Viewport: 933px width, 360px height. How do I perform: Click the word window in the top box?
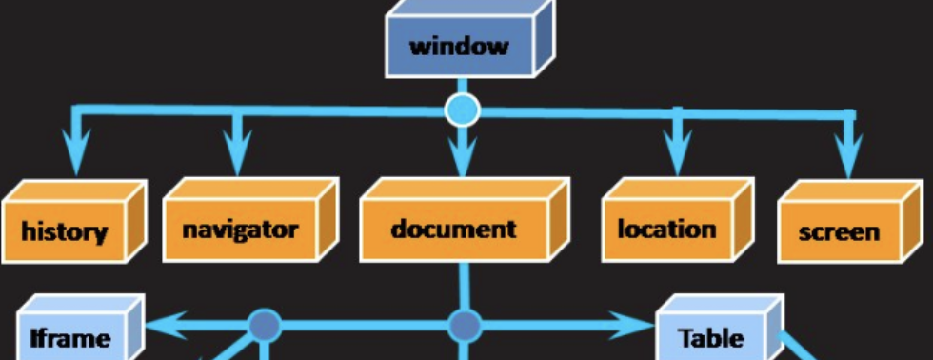click(458, 46)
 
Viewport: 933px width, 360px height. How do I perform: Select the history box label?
click(65, 231)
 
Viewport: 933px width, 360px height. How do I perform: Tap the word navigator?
click(240, 230)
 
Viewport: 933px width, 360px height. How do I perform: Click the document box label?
click(453, 230)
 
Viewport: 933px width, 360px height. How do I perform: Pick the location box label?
click(666, 230)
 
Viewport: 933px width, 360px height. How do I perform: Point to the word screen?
click(839, 231)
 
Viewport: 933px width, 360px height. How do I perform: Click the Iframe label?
click(69, 337)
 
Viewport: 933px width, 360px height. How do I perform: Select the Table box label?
click(710, 337)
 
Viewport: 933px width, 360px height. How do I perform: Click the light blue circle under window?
click(463, 110)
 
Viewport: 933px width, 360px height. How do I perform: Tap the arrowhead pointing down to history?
click(75, 152)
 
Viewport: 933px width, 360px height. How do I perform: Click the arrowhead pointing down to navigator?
click(237, 152)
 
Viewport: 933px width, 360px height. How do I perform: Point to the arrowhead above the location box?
click(677, 152)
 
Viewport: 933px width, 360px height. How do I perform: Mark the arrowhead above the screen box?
click(844, 152)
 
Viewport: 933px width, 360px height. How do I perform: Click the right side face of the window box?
click(545, 40)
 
